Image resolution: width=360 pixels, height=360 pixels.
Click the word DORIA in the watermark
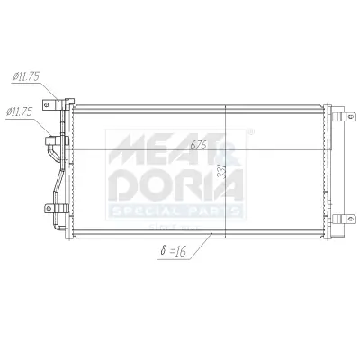click(x=176, y=185)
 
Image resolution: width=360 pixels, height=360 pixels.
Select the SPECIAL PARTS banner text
click(x=176, y=211)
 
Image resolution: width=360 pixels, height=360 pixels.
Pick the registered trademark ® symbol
click(x=249, y=134)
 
